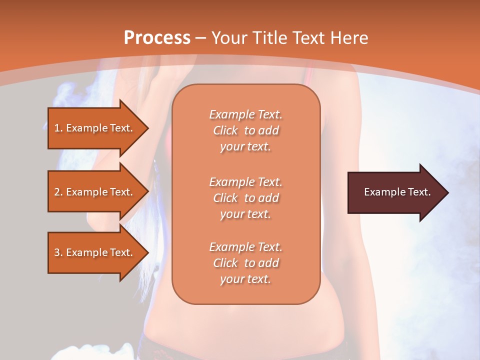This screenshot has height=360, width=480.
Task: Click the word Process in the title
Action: (157, 38)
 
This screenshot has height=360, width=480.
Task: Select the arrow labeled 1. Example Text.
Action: (95, 128)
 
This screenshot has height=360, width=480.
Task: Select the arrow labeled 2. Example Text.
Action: (95, 192)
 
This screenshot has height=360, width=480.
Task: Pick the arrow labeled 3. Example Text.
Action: (95, 252)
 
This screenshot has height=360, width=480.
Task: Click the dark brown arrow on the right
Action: (395, 192)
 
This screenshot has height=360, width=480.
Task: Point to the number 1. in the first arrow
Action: (58, 128)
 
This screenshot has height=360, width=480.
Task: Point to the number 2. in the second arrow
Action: (58, 192)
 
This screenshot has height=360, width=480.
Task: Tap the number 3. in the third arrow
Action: (58, 252)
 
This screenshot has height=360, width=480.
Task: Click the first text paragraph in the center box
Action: (245, 130)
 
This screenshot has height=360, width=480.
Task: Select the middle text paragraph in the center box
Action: (245, 197)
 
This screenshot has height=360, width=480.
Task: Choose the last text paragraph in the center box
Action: (245, 263)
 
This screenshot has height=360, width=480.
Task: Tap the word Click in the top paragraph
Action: (225, 130)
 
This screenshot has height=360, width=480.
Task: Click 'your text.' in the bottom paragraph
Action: (245, 279)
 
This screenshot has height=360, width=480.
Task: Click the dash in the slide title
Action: (200, 38)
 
